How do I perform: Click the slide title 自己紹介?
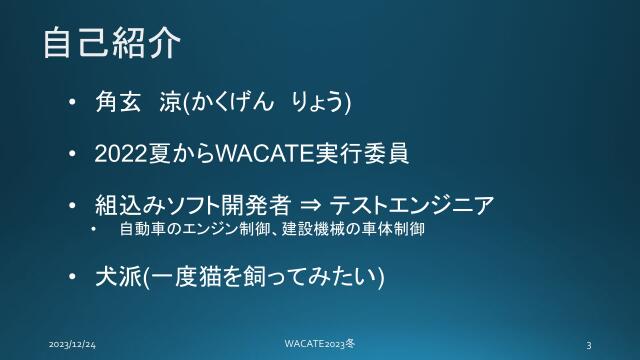click(x=111, y=43)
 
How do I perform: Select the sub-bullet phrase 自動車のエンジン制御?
click(x=184, y=230)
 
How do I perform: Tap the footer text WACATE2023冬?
click(x=320, y=343)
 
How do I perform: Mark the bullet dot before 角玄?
click(x=73, y=103)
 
